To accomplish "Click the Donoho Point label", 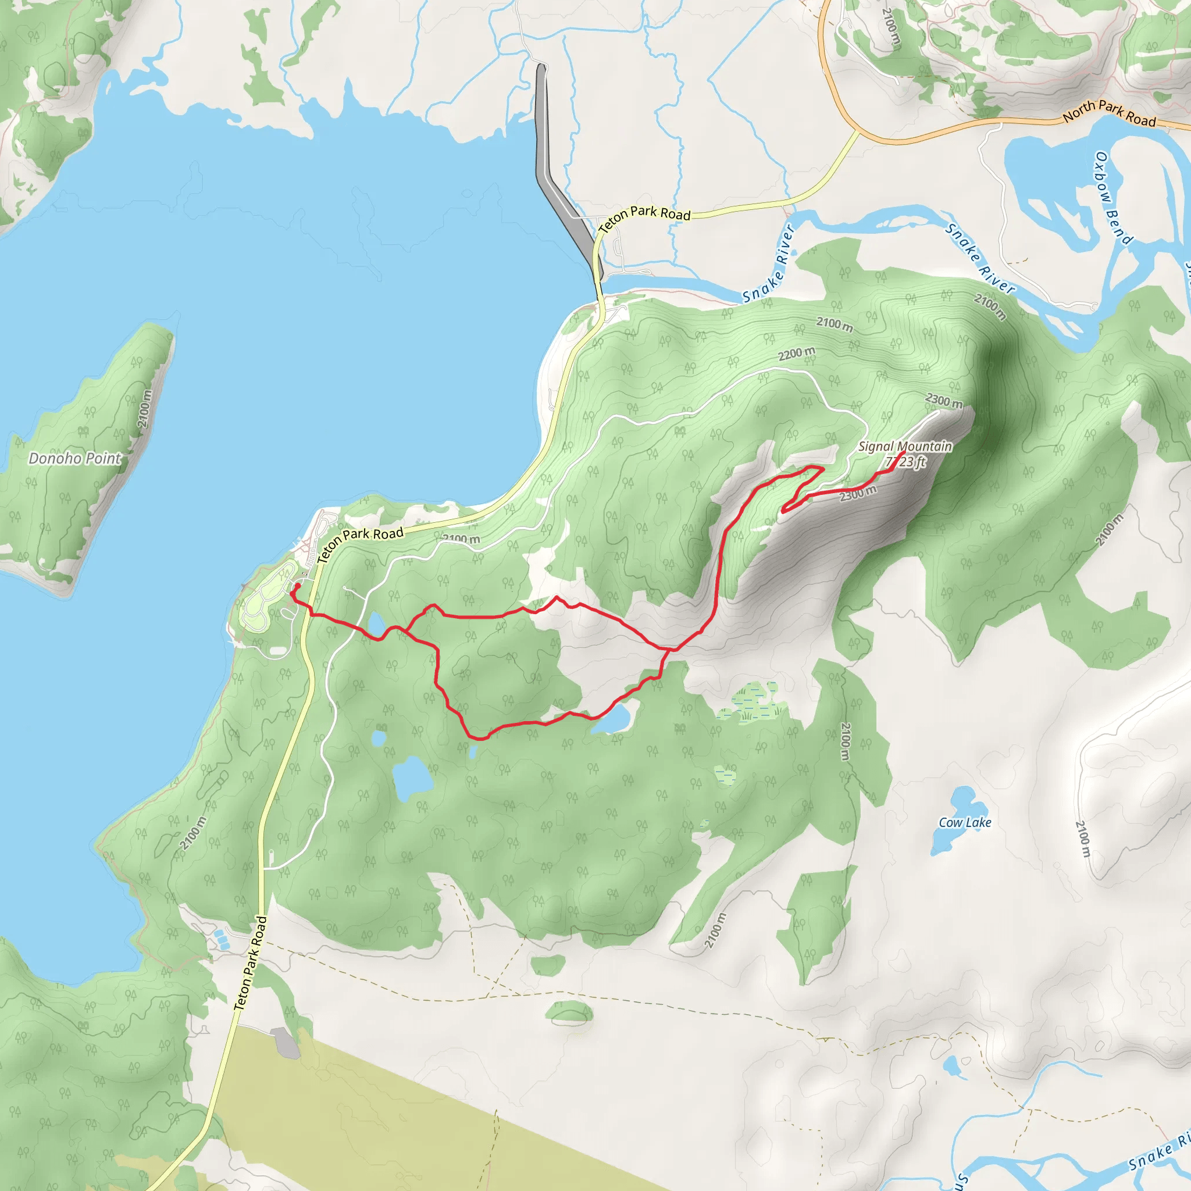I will click(x=74, y=458).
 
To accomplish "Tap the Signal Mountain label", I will click(x=904, y=446).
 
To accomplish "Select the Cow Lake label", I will click(x=965, y=822).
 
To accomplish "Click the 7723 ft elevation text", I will click(x=906, y=462).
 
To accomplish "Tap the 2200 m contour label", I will click(x=797, y=354).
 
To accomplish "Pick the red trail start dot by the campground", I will click(x=298, y=586).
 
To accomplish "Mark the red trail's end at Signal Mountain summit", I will click(x=903, y=454).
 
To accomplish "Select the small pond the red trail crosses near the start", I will click(x=376, y=624).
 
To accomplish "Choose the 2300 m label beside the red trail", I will click(x=858, y=493).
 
